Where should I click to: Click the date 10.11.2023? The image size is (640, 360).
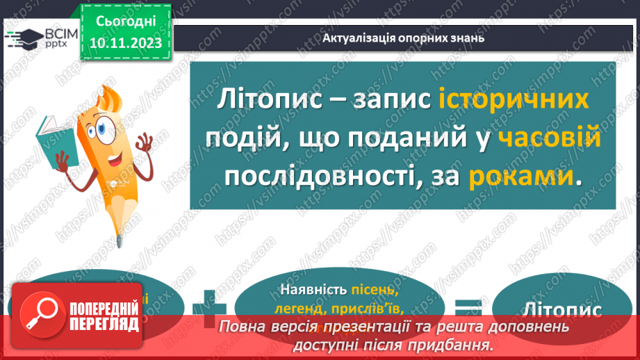pos(126,42)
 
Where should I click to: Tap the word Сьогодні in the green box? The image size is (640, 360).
pos(126,22)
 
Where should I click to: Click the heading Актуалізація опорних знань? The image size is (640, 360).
pos(404,38)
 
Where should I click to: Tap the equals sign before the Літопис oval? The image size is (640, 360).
pos(470,306)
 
